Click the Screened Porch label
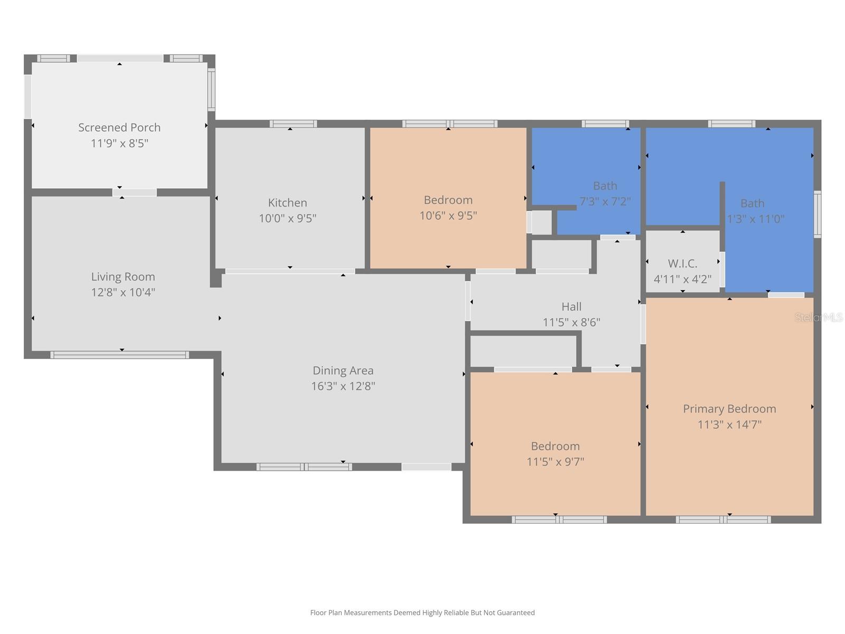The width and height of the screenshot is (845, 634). point(119,127)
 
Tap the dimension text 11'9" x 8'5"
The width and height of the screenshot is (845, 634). point(119,143)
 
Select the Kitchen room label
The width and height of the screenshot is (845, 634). point(287,202)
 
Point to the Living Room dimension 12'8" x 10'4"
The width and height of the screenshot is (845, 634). point(123,292)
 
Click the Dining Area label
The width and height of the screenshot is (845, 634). point(343,370)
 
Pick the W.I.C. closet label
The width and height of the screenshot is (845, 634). point(682,263)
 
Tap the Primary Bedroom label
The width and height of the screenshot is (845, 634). point(729,408)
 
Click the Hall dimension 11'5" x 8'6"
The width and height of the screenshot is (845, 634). point(571,322)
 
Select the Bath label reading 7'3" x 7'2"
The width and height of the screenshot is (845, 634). point(605,186)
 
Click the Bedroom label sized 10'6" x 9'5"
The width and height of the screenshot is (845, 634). point(448,200)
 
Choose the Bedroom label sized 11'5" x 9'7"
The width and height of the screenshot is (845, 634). point(555,446)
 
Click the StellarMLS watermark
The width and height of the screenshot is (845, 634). point(819,318)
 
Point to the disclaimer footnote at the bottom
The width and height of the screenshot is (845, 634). point(422,613)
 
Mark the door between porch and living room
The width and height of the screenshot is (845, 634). point(135,192)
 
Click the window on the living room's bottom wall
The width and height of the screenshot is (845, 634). point(119,355)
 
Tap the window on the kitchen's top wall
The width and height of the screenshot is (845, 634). point(293,124)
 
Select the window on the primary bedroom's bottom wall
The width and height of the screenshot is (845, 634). point(723,520)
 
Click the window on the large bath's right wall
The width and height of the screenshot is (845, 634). point(817,214)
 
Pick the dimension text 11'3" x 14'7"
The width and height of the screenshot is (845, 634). point(729,424)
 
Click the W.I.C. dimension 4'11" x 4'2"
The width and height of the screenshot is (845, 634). point(682,279)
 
